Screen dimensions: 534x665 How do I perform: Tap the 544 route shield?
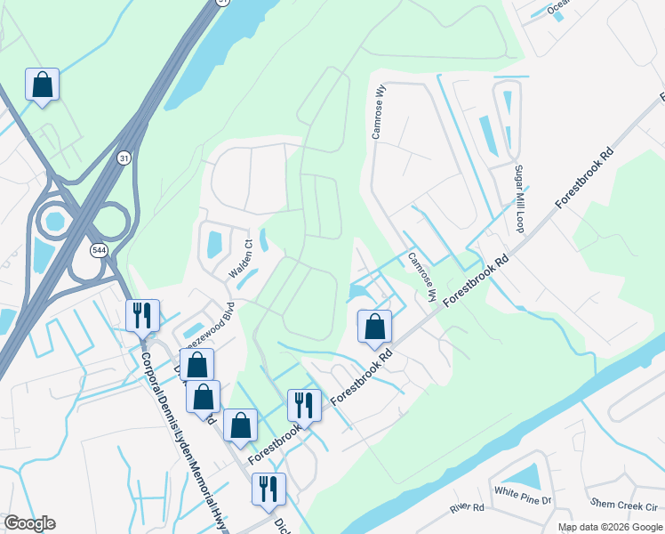(96, 251)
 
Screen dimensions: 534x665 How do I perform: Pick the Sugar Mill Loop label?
(520, 198)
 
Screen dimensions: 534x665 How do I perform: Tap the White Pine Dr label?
(523, 492)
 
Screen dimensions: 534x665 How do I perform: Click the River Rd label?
(467, 508)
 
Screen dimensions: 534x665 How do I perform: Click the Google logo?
(30, 523)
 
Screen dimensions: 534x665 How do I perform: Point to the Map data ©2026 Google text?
(610, 527)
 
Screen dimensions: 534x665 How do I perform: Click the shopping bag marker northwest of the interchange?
(42, 85)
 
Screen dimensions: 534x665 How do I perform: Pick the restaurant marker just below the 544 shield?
(142, 315)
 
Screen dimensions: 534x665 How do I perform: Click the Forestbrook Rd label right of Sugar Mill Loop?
(584, 179)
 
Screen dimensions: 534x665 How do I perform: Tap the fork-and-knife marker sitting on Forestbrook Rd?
(304, 405)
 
